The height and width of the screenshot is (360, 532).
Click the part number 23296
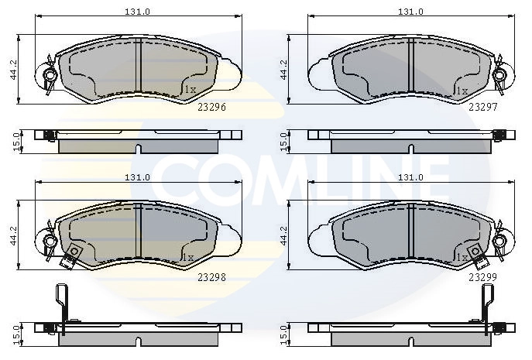(x=211, y=107)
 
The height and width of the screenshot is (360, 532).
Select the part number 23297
(x=482, y=107)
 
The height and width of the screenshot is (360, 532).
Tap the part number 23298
(x=211, y=277)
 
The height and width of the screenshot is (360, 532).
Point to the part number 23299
(x=482, y=277)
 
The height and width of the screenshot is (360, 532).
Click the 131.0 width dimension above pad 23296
(x=137, y=12)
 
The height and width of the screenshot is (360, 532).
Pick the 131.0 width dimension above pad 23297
(x=410, y=12)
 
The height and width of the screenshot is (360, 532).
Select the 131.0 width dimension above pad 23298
(x=137, y=177)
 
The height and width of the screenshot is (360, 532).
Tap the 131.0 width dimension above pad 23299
(x=410, y=177)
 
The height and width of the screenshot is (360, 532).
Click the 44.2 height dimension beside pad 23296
(x=14, y=70)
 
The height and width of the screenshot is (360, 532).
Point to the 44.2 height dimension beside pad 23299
(x=283, y=235)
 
